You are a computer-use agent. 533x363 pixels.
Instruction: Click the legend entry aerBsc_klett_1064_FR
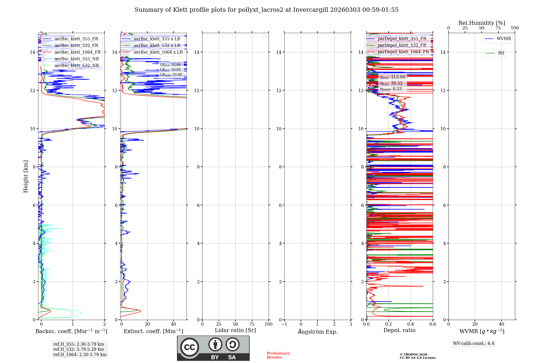(77, 52)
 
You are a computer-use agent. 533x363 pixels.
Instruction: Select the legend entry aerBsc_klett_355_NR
(76, 59)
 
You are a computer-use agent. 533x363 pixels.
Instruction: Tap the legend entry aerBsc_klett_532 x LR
(157, 46)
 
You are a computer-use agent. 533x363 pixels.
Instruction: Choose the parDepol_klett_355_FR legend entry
(402, 39)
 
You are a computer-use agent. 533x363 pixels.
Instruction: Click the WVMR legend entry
(503, 39)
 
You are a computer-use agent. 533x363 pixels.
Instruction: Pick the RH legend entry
(501, 53)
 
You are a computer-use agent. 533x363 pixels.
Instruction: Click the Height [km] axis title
(26, 176)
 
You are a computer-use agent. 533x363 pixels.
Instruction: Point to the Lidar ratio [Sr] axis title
(235, 330)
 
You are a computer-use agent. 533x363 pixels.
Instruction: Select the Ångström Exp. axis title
(317, 332)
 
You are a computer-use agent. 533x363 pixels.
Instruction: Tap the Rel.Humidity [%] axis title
(482, 23)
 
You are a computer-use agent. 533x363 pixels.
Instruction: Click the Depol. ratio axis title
(399, 330)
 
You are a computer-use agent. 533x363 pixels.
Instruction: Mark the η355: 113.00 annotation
(392, 77)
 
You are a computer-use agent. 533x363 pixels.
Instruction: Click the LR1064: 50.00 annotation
(171, 75)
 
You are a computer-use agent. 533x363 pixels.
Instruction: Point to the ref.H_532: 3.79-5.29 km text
(79, 349)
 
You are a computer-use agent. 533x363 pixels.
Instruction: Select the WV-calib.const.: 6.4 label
(473, 344)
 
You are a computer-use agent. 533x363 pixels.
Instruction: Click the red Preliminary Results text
(278, 355)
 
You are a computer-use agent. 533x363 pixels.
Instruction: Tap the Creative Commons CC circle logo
(189, 347)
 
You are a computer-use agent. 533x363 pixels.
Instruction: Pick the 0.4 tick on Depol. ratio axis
(411, 324)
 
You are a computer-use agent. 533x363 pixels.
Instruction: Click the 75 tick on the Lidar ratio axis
(252, 324)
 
